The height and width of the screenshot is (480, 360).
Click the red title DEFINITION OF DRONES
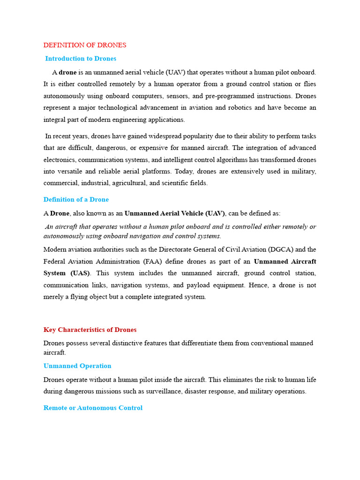pos(85,45)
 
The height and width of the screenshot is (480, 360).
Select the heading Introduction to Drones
pos(81,59)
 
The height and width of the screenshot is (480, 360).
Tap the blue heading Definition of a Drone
pos(76,199)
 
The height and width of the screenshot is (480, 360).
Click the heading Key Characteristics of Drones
pos(90,330)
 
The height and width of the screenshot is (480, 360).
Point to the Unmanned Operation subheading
pos(77,366)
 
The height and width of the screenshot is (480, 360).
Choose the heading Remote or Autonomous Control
pos(93,408)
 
